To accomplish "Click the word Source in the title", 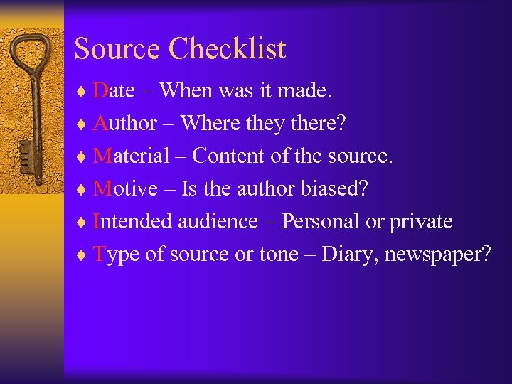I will point(118,49).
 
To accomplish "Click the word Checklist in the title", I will point(228,49).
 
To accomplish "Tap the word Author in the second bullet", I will point(125,123).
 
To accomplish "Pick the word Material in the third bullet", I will point(132,155).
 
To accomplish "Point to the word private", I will point(421,222).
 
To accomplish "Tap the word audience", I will point(218,221).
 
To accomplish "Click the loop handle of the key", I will point(32,53).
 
